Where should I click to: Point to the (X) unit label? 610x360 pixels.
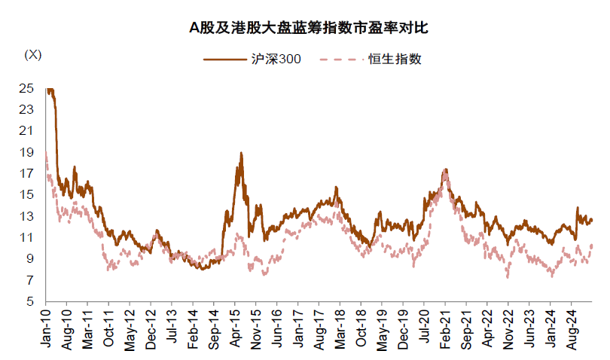click(33, 54)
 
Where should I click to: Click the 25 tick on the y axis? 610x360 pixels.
click(26, 88)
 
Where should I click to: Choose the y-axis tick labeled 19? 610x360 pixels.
click(26, 152)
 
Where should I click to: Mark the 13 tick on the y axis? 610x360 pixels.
click(26, 216)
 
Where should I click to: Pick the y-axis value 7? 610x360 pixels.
click(29, 280)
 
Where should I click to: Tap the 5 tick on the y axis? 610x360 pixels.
click(29, 302)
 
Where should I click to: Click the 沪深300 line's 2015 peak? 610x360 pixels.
click(241, 153)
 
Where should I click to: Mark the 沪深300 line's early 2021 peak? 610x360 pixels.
click(446, 169)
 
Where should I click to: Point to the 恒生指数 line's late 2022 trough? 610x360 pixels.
click(508, 277)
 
